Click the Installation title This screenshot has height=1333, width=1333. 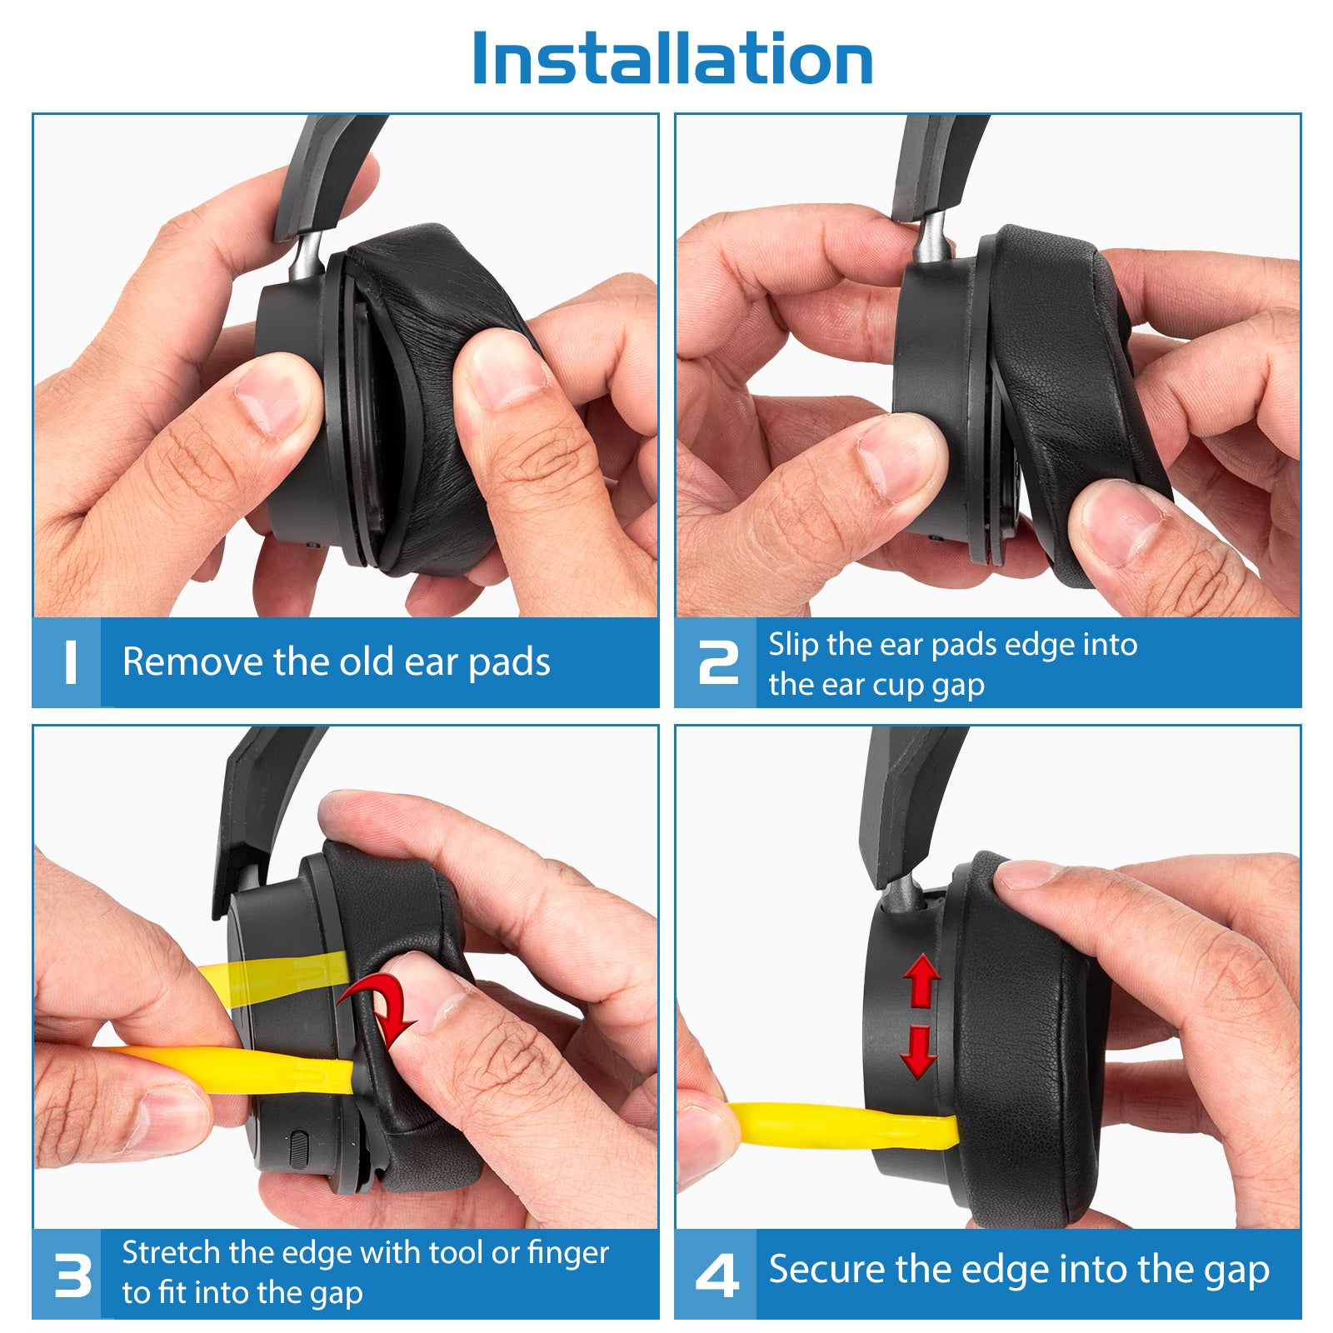pyautogui.click(x=672, y=58)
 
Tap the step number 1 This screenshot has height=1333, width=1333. pyautogui.click(x=71, y=663)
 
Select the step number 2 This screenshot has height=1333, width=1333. pyautogui.click(x=718, y=663)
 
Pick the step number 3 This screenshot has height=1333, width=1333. pyautogui.click(x=72, y=1276)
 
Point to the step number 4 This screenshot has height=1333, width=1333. pyautogui.click(x=717, y=1276)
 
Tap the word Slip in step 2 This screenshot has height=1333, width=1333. pyautogui.click(x=793, y=645)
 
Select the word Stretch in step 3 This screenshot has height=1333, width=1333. pyautogui.click(x=172, y=1253)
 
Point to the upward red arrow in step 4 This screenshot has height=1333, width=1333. pyautogui.click(x=921, y=981)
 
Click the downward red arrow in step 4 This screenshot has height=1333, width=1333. pyautogui.click(x=919, y=1052)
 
